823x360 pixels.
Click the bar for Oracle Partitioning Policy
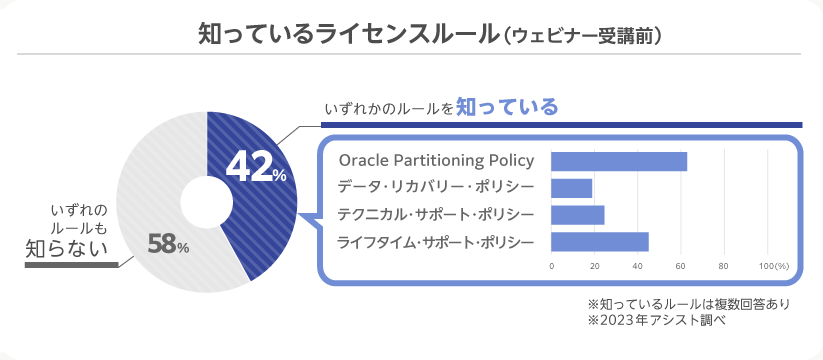619,161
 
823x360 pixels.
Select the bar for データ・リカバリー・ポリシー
572,188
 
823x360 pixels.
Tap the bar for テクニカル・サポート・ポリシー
578,214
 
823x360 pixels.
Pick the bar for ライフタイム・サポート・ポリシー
600,241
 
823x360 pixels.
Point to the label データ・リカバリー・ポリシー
436,188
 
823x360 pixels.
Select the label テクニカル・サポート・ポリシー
436,214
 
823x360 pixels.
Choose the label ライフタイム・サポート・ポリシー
436,241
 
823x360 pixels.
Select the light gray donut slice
150,170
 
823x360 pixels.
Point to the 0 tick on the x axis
552,266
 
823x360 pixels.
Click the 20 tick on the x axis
595,266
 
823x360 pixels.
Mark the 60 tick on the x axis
681,266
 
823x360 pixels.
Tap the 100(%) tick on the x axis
774,266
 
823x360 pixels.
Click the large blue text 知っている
507,106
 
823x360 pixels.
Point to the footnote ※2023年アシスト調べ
655,321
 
